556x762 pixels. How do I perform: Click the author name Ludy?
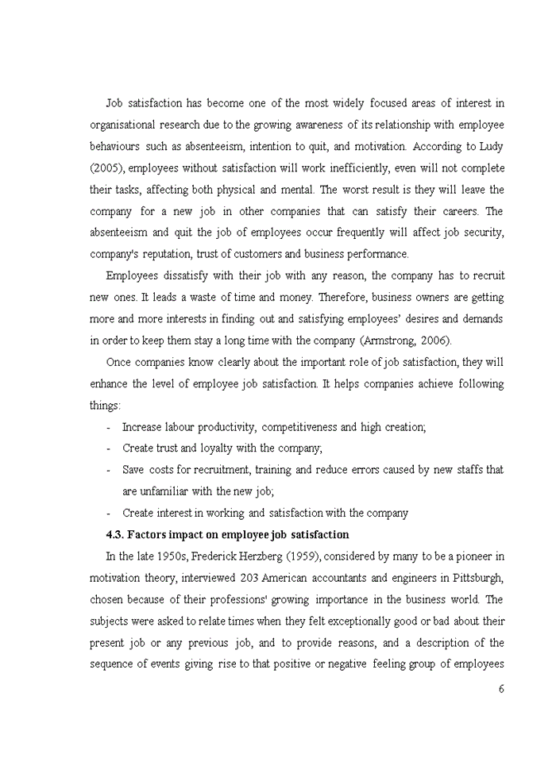tap(491, 147)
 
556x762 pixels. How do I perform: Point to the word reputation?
tap(180, 254)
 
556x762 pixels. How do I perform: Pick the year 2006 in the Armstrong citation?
tap(436, 341)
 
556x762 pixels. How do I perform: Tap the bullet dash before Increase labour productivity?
tap(108, 427)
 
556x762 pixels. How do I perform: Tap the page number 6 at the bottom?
tap(501, 689)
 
